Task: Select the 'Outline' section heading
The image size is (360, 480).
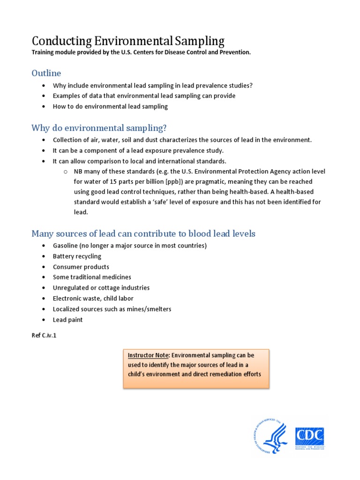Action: [x=46, y=73]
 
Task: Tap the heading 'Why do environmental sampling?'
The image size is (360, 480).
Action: [x=99, y=128]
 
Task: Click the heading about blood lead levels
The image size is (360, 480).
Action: [x=143, y=233]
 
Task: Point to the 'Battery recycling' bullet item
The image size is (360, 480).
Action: [x=77, y=256]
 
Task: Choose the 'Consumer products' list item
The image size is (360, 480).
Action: [x=81, y=267]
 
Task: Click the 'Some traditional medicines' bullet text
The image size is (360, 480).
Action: [x=92, y=277]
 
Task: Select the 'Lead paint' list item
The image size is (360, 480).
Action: [x=67, y=320]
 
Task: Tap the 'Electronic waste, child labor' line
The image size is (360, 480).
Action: [x=93, y=299]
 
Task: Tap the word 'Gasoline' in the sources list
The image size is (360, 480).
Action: [x=65, y=246]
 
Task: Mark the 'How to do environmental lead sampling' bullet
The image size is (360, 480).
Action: [x=110, y=106]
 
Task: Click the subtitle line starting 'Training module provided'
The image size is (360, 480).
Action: [x=141, y=52]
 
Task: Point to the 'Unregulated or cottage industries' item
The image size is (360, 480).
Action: [x=101, y=288]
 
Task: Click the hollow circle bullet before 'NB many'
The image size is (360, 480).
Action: [x=66, y=172]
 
